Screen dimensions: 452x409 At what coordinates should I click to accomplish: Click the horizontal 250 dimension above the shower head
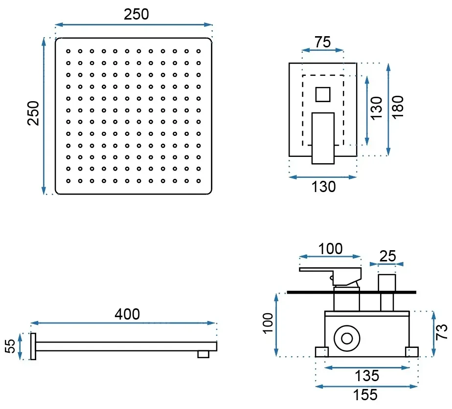click(136, 14)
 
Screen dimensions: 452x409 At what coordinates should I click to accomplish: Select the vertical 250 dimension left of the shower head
click(33, 113)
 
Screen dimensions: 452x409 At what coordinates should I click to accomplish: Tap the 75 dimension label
click(322, 42)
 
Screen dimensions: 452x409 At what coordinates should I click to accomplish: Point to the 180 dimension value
click(398, 107)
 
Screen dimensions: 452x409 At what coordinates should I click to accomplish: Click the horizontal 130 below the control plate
click(323, 187)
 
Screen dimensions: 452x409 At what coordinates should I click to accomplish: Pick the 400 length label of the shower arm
click(127, 314)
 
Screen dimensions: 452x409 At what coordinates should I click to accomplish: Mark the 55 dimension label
click(10, 346)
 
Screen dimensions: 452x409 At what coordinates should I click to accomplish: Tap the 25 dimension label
click(388, 256)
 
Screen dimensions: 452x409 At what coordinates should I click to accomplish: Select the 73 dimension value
click(441, 332)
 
